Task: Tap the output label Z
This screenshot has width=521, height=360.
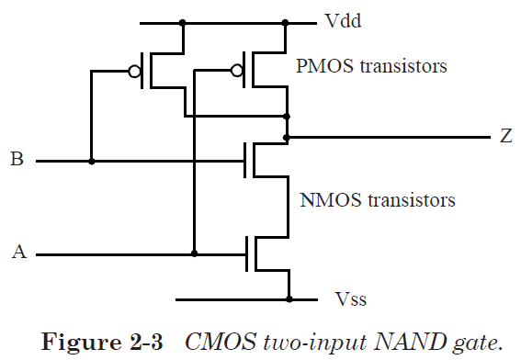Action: pos(506,138)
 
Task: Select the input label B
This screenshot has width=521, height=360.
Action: pos(17,161)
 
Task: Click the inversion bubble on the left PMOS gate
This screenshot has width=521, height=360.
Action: pos(135,71)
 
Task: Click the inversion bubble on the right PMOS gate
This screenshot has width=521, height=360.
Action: pos(238,71)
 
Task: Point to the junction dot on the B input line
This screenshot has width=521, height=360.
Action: pos(92,161)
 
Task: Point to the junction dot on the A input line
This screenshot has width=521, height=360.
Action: pos(195,253)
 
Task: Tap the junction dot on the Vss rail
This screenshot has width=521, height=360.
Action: pos(289,299)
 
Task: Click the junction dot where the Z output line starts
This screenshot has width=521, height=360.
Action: pos(289,138)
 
